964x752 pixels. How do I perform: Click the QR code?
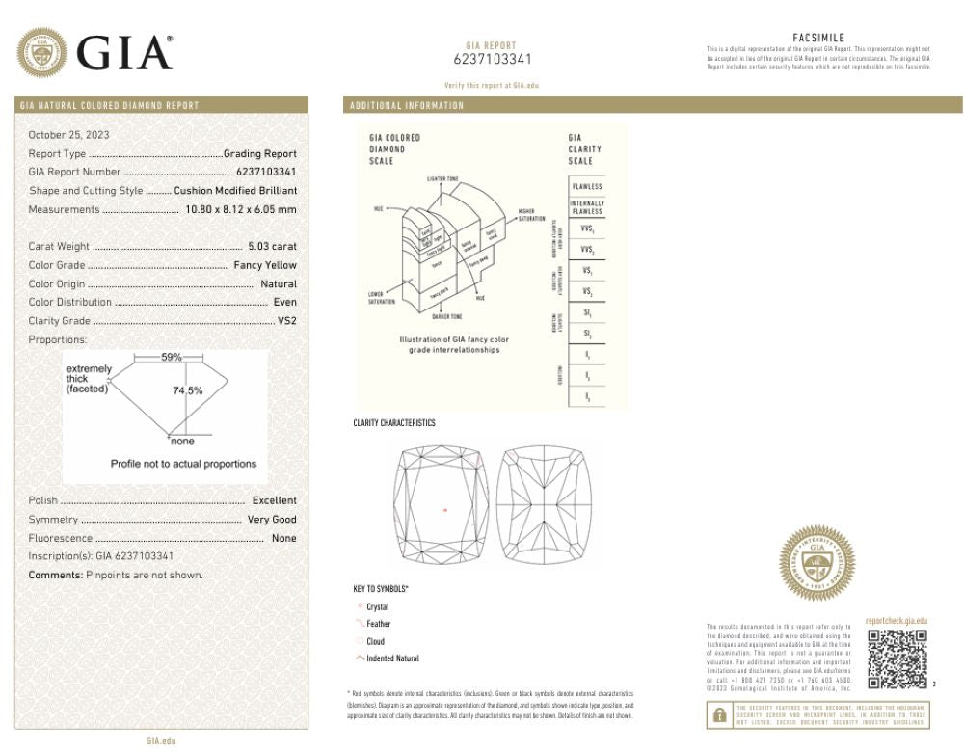[x=897, y=659]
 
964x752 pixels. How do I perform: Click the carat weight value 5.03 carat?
[x=272, y=246]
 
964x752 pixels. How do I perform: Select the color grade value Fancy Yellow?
[x=265, y=265]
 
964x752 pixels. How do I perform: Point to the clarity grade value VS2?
[x=286, y=321]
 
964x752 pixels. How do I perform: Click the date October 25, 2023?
[x=68, y=135]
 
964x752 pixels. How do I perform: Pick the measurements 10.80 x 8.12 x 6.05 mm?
[x=240, y=209]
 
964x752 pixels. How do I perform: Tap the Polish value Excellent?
[x=274, y=500]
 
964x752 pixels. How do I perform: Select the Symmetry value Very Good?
[x=271, y=520]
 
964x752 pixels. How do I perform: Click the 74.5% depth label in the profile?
[x=187, y=391]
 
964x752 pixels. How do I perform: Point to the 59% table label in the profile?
[x=171, y=358]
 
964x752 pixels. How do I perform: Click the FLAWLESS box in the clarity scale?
[x=586, y=186]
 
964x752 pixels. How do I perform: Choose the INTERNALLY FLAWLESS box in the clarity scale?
[x=586, y=207]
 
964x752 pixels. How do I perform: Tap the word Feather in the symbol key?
[x=378, y=624]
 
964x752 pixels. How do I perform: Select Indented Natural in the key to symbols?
[x=392, y=658]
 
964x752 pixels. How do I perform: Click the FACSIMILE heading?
[x=818, y=38]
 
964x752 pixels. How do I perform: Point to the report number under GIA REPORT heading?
[x=492, y=59]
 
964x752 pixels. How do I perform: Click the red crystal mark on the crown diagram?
[x=445, y=509]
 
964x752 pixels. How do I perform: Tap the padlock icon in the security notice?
[x=719, y=715]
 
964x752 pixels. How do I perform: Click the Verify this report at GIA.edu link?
[x=492, y=86]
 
